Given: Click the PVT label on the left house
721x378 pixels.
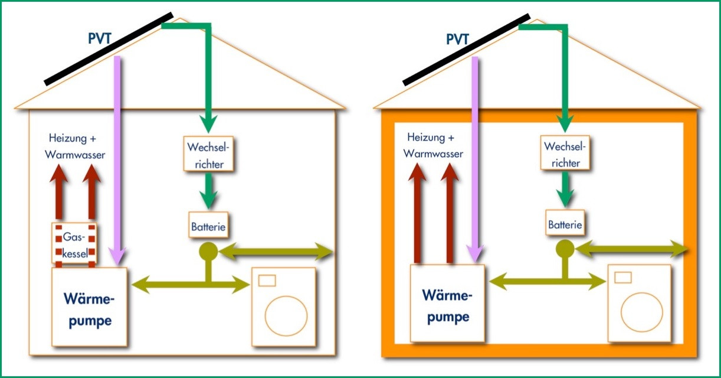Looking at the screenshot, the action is [x=100, y=38].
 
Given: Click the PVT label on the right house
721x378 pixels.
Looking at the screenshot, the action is [x=457, y=40].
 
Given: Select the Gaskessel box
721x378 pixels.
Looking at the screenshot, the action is [x=74, y=243].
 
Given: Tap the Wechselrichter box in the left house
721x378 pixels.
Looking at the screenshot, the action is [x=209, y=154].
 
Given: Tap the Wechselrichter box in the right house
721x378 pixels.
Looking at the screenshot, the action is [x=565, y=153].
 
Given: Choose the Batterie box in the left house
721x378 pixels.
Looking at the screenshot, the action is [x=209, y=225].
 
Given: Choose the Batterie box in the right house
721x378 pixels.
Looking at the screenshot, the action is [x=565, y=223].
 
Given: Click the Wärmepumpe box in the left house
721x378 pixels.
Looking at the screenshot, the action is [x=90, y=307].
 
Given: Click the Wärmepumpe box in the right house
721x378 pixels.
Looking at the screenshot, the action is [x=447, y=304].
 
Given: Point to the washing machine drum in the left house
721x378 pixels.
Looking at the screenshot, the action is [x=286, y=316].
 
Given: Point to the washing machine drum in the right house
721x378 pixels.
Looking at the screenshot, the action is [x=642, y=312].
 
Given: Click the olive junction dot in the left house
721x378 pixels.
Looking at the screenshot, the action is [x=209, y=252].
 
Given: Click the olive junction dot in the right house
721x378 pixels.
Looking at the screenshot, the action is [x=565, y=249].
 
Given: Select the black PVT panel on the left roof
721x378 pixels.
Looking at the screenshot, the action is [x=109, y=49].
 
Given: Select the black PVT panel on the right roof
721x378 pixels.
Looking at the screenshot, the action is [x=466, y=50].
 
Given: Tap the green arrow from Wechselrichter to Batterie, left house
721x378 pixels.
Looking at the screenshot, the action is [x=209, y=191].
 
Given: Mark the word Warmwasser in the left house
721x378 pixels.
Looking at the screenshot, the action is [x=75, y=155].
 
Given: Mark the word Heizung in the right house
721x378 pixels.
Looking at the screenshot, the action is [x=425, y=137].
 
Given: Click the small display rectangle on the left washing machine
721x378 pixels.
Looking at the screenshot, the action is [x=267, y=281].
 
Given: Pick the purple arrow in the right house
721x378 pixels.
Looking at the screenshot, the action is [x=475, y=159].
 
